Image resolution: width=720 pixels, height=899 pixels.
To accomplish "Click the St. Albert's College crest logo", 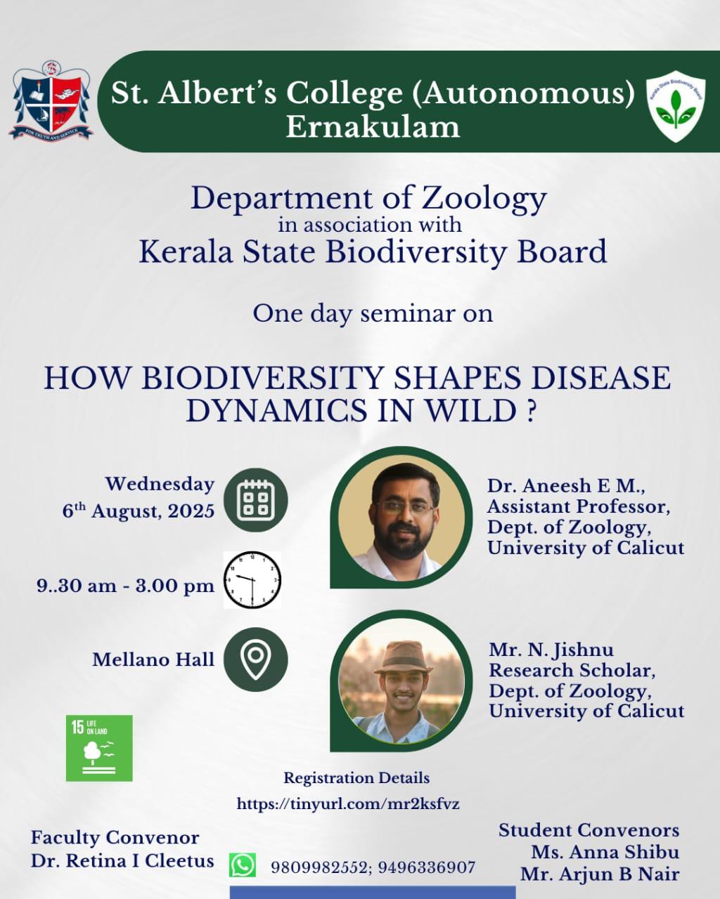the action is tap(51, 100).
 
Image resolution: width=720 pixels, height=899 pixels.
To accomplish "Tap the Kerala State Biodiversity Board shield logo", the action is tap(676, 106).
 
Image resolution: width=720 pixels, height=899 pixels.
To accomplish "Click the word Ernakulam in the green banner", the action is tap(373, 127).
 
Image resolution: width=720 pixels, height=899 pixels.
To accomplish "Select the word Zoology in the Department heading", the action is tap(484, 199).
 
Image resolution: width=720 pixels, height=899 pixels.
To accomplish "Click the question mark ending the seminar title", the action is tap(529, 411).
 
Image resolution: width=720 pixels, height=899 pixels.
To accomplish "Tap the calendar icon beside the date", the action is tap(256, 499).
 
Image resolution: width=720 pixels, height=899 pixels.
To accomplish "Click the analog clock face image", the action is tap(252, 580).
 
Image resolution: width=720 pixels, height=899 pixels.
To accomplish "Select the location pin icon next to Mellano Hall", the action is tap(256, 660).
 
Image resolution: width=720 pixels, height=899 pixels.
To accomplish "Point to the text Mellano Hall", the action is tap(153, 660).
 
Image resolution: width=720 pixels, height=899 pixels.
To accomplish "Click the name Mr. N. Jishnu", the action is tap(551, 650).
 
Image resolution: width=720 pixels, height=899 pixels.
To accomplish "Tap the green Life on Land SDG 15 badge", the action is tap(99, 748).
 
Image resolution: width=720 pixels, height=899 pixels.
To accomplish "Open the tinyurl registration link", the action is tap(348, 803).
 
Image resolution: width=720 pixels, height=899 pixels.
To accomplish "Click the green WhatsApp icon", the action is tap(243, 865).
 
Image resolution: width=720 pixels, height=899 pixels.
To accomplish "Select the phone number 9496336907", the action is tap(427, 868).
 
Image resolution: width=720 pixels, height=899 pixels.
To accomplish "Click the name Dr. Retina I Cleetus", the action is tap(122, 861).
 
